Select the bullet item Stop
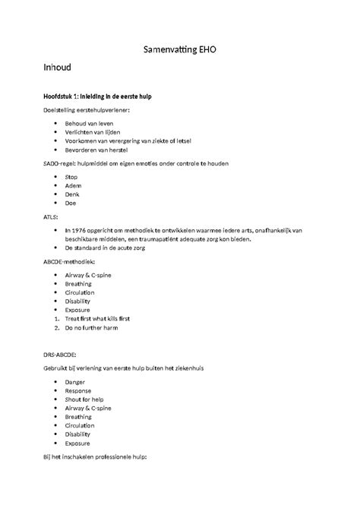pos(71,176)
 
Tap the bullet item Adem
pos(74,185)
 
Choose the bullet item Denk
pos(73,194)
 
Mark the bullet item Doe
pos(71,204)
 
